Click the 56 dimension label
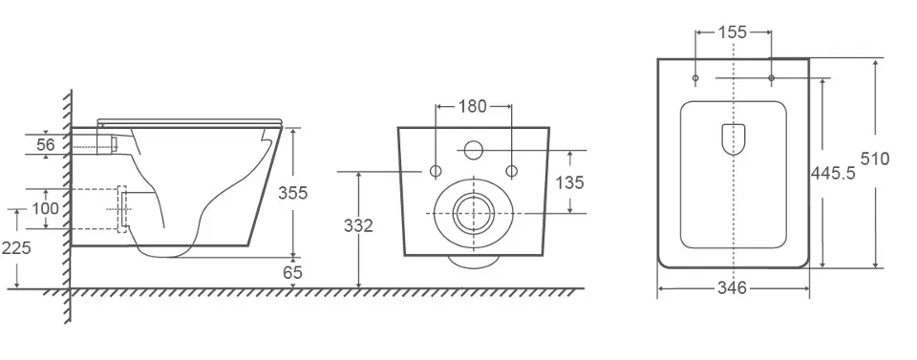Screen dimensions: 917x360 point(46,144)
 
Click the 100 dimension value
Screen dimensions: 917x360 point(45,208)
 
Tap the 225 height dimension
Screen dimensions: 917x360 point(16,248)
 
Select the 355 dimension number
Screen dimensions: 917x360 point(292,192)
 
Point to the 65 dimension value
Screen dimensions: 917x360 point(292,272)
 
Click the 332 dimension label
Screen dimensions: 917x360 point(358,225)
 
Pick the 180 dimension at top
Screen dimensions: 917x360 point(472,106)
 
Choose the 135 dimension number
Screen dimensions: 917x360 point(569,183)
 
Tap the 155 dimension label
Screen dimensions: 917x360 point(733,32)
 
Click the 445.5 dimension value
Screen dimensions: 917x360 point(833,173)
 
